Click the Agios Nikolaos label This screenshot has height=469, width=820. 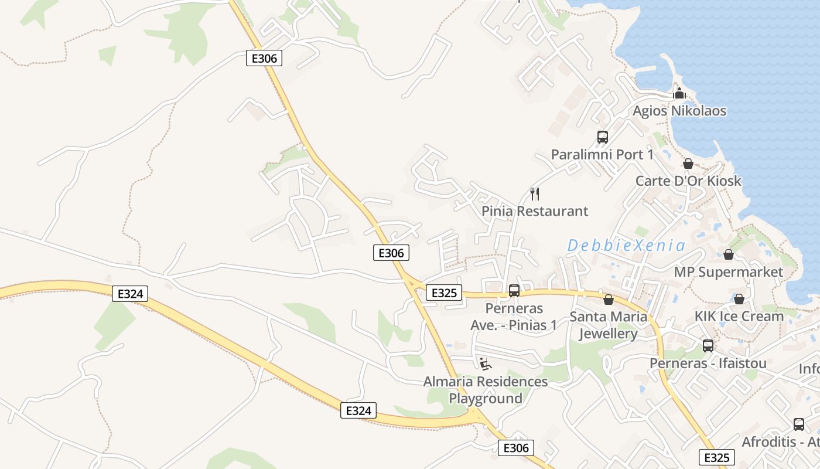pos(679,111)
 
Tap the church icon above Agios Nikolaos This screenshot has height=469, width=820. pos(679,93)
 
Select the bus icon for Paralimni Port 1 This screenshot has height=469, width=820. pos(602,137)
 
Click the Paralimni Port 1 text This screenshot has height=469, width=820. pos(602,155)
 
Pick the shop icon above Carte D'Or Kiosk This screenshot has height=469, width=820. pos(688,164)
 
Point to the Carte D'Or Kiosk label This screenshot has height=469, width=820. pos(688,181)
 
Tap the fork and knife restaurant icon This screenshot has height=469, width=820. pos(534,193)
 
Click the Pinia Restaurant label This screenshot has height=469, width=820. pos(535,211)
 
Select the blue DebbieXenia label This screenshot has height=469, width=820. pos(626,245)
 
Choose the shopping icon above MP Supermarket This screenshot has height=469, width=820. pos(728,254)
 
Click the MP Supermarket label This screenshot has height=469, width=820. pos(728,272)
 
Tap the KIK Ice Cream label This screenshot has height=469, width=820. pos(739,316)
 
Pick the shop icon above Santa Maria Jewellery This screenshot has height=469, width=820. pos(609,300)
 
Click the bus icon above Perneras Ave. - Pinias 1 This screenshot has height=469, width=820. pos(514,290)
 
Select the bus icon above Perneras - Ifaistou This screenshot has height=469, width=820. pos(708,345)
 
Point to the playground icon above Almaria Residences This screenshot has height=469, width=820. pos(485,364)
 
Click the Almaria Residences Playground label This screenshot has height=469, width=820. pos(486,390)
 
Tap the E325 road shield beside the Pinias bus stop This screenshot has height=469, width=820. pos(443,293)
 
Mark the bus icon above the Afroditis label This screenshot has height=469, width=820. pos(798,424)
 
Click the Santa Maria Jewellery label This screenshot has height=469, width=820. pos(609,325)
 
